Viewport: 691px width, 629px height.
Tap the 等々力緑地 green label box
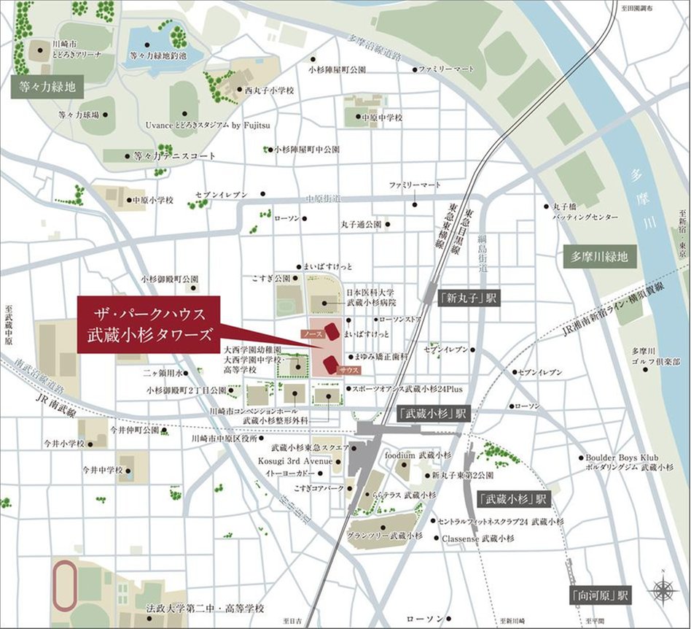47,88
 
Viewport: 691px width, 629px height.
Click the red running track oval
63,580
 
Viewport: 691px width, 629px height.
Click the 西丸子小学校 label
269,90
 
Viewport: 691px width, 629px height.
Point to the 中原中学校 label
382,117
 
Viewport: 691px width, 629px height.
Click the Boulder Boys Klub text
622,458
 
